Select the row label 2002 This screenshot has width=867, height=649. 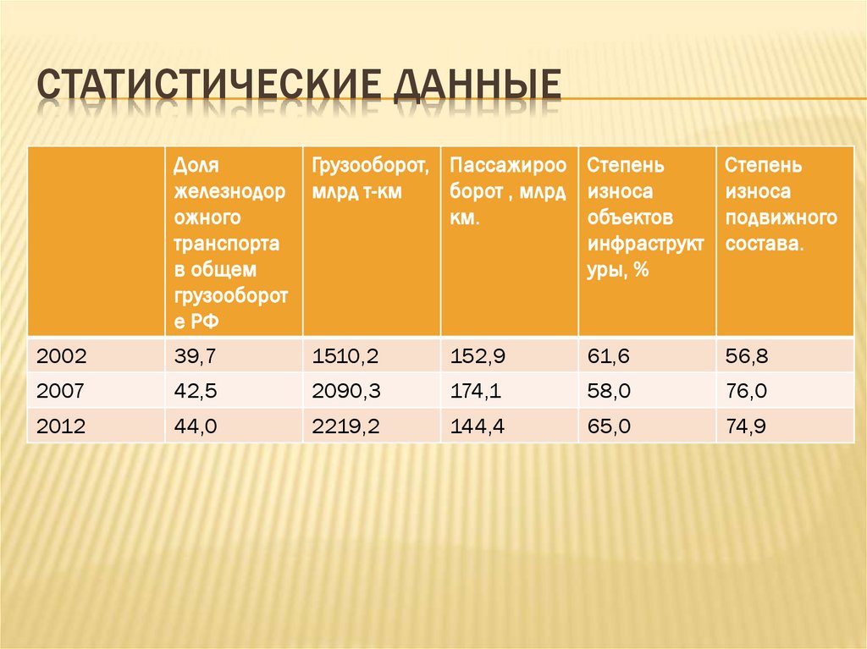[61, 357]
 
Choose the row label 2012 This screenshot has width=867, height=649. [61, 427]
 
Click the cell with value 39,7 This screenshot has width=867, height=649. [196, 357]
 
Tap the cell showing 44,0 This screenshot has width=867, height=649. [196, 427]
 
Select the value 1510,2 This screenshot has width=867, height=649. [345, 357]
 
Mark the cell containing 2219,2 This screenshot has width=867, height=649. [345, 427]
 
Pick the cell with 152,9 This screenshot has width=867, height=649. [478, 357]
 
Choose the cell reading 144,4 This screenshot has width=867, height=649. [478, 427]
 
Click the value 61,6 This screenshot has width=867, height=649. [609, 357]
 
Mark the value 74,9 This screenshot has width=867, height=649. [746, 427]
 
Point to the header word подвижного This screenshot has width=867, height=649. [781, 218]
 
